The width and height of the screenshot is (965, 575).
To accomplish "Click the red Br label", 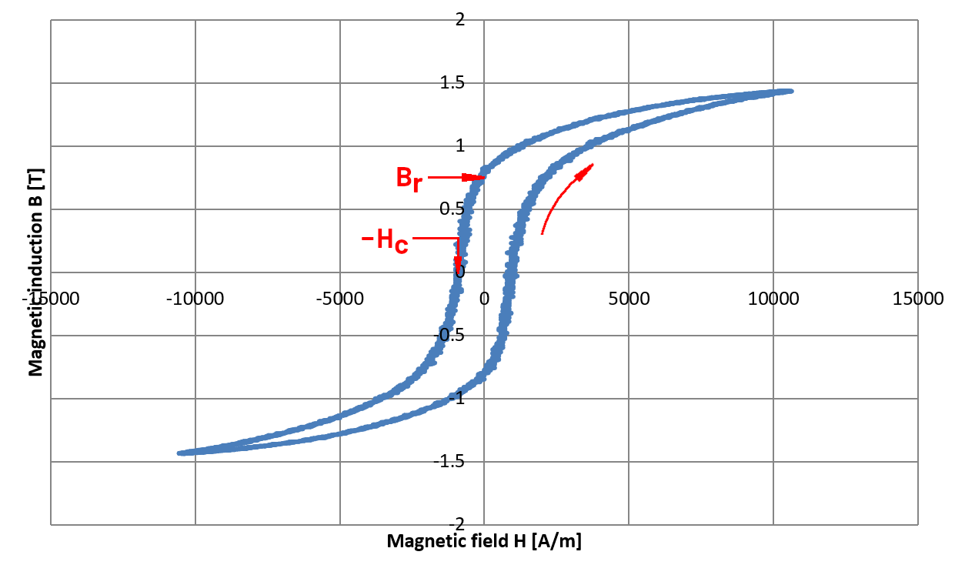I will (409, 179).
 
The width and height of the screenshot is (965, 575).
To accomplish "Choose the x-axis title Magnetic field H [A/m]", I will (484, 541).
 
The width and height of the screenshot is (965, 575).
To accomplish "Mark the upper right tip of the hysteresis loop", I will (790, 91).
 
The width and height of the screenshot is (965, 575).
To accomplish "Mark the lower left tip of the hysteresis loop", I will (179, 453).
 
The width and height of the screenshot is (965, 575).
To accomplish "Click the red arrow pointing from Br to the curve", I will (456, 177).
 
